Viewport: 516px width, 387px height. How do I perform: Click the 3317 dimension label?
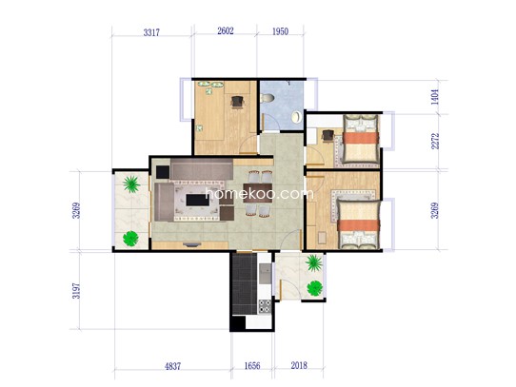point(151,32)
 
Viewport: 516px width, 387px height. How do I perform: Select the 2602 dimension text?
point(226,30)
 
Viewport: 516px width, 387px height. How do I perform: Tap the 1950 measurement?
point(280,31)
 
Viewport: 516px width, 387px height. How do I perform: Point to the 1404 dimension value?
point(435,97)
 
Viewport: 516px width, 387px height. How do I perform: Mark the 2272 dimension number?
point(435,141)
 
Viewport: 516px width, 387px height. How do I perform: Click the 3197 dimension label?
point(76,291)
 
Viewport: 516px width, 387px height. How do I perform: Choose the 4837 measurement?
point(172,366)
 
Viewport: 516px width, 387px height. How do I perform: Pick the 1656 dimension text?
point(252,366)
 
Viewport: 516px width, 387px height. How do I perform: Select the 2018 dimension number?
point(299,365)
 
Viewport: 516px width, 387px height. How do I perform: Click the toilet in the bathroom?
point(267,98)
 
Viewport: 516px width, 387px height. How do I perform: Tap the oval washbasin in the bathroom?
point(296,117)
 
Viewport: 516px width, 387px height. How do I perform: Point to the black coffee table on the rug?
point(197,200)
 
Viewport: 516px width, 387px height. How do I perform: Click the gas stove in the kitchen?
point(265,306)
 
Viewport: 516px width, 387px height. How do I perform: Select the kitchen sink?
point(265,274)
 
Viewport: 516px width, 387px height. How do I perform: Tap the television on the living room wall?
point(192,244)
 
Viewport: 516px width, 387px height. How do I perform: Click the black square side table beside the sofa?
point(163,172)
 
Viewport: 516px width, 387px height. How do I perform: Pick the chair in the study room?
point(237,102)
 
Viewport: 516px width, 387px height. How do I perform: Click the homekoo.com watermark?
point(259,194)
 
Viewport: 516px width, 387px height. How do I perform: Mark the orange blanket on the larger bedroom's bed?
point(358,225)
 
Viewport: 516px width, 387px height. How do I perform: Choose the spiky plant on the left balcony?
point(131,184)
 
